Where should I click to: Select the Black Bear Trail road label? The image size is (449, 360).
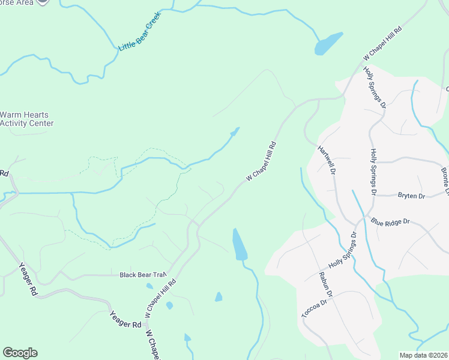142,275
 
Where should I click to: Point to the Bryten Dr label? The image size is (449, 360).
411,196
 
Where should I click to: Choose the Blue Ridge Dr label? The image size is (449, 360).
390,221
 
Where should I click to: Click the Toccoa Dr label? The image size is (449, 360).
313,307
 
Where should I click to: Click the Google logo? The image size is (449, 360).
20,353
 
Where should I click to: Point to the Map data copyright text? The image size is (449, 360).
423,355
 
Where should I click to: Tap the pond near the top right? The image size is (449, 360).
328,44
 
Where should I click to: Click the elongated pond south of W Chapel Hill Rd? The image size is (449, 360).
240,245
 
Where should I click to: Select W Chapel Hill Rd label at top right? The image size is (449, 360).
382,43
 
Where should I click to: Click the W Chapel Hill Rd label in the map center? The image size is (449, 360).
262,162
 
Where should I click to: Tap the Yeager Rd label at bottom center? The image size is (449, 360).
125,320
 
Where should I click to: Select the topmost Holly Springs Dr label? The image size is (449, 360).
373,88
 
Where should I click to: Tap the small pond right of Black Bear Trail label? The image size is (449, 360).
149,286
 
